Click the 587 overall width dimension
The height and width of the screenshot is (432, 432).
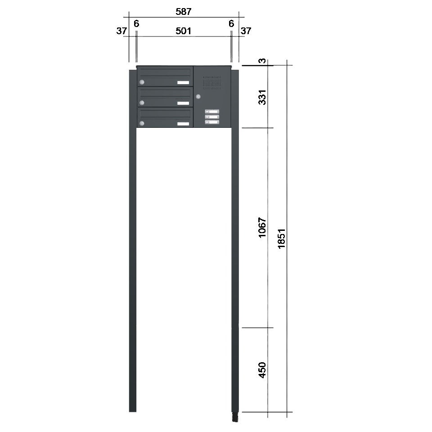point(184,12)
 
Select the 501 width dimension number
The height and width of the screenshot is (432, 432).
point(184,31)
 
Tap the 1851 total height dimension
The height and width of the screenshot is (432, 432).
point(281,238)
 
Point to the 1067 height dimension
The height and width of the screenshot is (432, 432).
point(262,227)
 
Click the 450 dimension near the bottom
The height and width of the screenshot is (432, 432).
point(262,370)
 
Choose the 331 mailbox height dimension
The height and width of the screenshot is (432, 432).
point(262,97)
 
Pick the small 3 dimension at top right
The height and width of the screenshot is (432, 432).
point(263,61)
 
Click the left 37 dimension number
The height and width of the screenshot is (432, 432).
point(121,31)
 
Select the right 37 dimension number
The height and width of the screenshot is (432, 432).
point(246,31)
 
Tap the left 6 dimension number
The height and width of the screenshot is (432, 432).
point(136,24)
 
